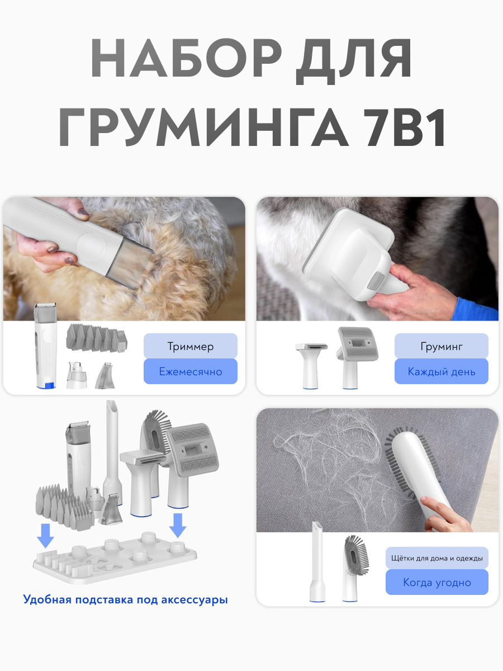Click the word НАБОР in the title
pyautogui.click(x=186, y=58)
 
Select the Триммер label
pyautogui.click(x=191, y=346)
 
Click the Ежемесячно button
pyautogui.click(x=191, y=371)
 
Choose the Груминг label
pyautogui.click(x=442, y=346)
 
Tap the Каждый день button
pyautogui.click(x=442, y=371)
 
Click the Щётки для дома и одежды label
pyautogui.click(x=436, y=558)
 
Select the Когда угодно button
pyautogui.click(x=436, y=582)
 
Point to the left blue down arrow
pyautogui.click(x=45, y=536)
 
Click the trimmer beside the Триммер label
pyautogui.click(x=46, y=346)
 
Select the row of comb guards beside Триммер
pyautogui.click(x=97, y=338)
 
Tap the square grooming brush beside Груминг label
pyautogui.click(x=357, y=357)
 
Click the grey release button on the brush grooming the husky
pyautogui.click(x=376, y=281)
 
